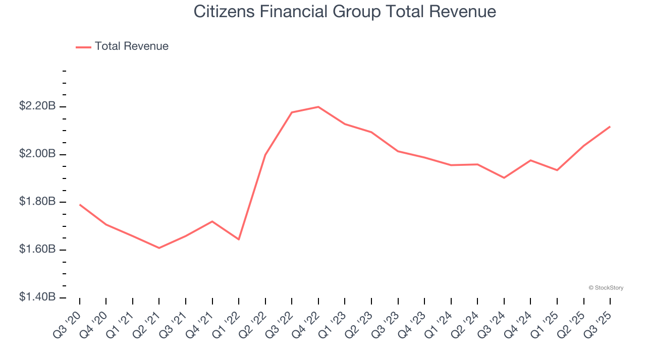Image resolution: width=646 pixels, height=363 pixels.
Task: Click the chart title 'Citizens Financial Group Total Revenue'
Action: (x=345, y=12)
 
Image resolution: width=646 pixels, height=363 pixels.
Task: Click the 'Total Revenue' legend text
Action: (x=131, y=46)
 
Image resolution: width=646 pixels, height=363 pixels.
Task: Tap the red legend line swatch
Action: (x=83, y=47)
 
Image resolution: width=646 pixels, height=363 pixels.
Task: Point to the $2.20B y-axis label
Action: (x=37, y=106)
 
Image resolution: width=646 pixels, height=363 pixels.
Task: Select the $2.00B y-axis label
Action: (x=37, y=154)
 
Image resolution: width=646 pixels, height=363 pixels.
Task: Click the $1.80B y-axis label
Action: (x=37, y=202)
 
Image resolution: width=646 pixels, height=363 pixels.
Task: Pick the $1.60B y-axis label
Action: (x=37, y=250)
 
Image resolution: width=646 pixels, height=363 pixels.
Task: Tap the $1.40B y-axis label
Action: (x=37, y=297)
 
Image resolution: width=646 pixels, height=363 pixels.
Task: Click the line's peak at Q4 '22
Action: (x=318, y=107)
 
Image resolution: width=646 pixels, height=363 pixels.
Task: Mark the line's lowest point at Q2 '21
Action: (x=159, y=248)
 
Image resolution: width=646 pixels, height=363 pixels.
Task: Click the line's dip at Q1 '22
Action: (x=239, y=239)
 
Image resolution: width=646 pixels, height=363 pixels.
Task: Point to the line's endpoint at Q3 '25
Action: (x=610, y=127)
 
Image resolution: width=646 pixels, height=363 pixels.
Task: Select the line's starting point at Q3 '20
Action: (x=80, y=205)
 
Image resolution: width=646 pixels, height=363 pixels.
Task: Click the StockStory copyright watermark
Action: (x=606, y=288)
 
